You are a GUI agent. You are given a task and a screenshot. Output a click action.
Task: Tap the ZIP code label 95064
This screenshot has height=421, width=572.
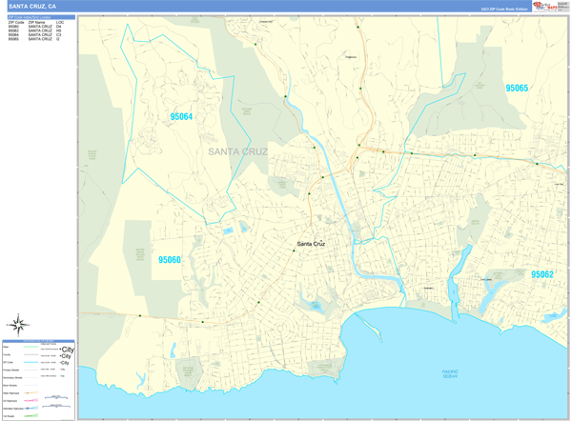pos(181,117)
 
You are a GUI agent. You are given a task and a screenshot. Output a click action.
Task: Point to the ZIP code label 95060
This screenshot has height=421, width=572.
pos(170,259)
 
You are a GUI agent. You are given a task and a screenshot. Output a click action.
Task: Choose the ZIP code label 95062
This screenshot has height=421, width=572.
pos(541,274)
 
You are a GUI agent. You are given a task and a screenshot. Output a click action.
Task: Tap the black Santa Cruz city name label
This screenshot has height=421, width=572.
pos(311,244)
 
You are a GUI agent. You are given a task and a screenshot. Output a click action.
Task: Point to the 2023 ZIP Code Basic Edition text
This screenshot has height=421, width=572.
pos(503,8)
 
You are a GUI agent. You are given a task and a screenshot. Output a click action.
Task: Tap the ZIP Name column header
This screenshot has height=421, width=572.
pos(37,22)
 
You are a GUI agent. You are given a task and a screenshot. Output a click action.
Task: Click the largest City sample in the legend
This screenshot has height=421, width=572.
pos(67,350)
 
